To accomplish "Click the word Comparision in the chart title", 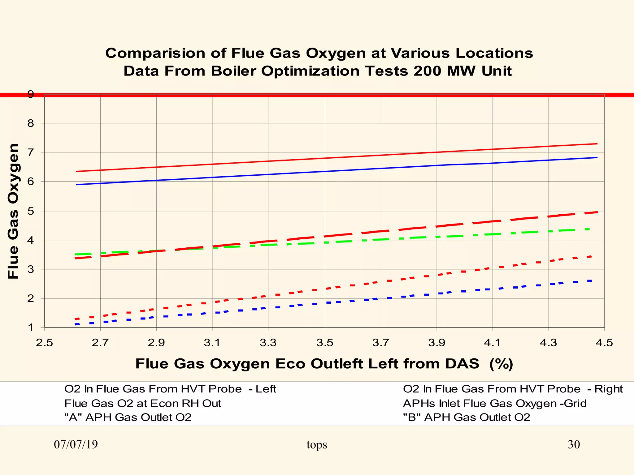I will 156,53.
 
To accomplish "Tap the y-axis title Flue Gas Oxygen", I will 13,211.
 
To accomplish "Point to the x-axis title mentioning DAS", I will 324,364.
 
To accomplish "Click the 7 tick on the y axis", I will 30,152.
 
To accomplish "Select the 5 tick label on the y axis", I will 30,211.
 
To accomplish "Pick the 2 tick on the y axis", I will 30,299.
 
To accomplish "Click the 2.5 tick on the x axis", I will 45,343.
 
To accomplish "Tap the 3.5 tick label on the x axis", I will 325,343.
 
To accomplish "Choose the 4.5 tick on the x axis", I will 604,343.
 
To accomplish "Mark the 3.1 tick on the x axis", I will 212,343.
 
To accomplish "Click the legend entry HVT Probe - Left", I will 170,389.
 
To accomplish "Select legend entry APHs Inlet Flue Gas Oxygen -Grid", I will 495,404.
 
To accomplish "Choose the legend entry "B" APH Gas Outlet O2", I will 466,417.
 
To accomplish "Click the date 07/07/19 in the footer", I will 76,445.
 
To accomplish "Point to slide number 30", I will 574,445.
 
